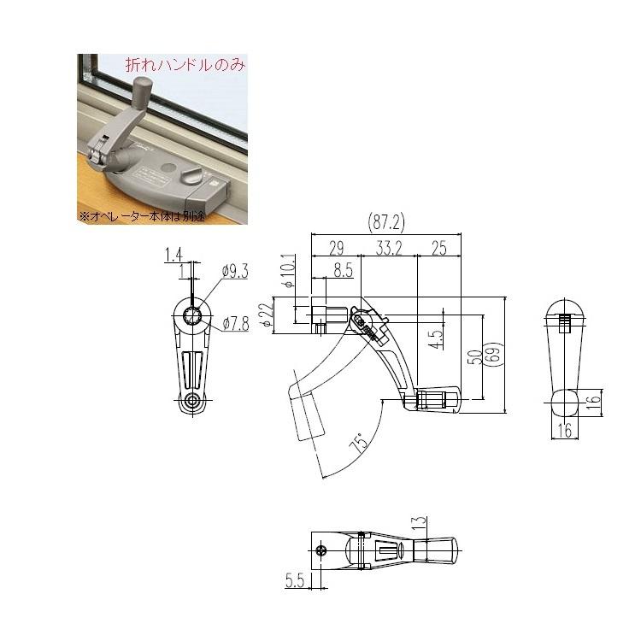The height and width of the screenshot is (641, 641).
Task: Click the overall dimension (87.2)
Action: click(386, 222)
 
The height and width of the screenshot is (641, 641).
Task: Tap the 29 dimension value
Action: click(336, 250)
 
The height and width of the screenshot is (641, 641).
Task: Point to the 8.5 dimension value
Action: click(343, 271)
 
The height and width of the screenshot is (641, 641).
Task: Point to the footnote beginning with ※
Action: click(143, 215)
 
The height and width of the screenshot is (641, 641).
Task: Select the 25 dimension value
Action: click(439, 250)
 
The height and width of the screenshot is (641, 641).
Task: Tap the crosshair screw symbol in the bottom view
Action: click(321, 550)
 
